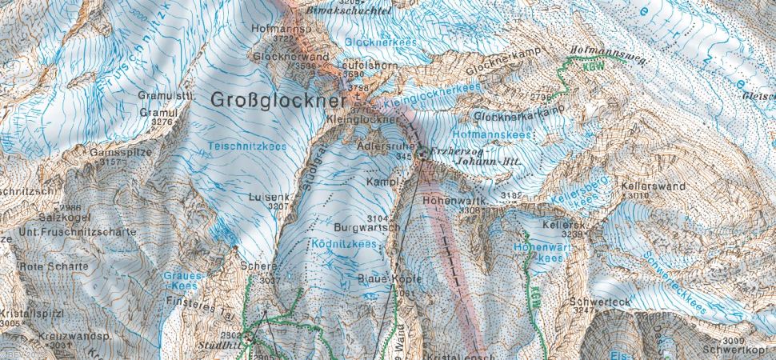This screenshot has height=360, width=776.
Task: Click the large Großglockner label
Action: [x=278, y=100]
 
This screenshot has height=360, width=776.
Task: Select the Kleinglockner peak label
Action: [x=362, y=119]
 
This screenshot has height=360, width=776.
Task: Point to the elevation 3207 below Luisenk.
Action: [x=279, y=206]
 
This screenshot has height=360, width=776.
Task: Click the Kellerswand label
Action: [x=653, y=185]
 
